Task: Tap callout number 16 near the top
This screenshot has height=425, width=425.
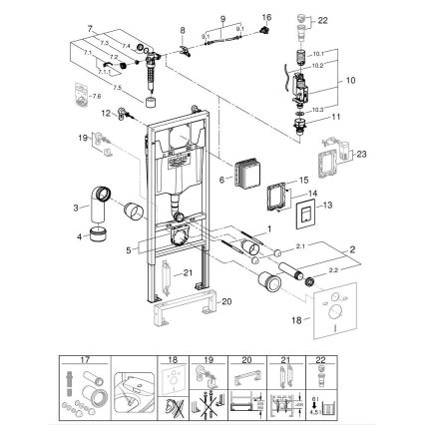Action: pyautogui.click(x=265, y=17)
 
